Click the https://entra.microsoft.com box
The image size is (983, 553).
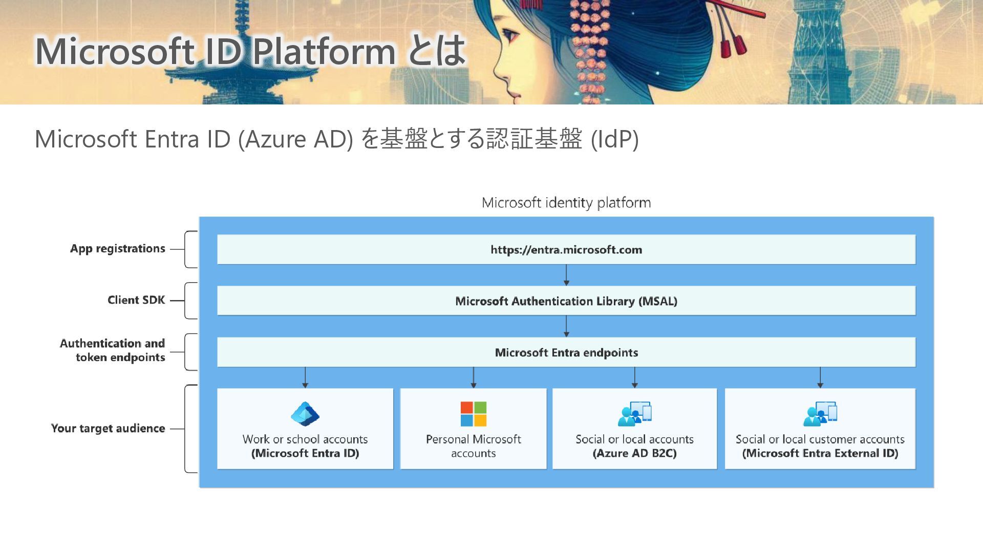[x=566, y=249]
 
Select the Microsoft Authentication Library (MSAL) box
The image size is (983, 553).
[x=566, y=301]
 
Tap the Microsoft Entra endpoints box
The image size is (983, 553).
[x=566, y=352]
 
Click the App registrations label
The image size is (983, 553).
[x=118, y=249]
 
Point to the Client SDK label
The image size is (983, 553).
[x=136, y=300]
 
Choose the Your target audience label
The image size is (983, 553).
[x=108, y=428]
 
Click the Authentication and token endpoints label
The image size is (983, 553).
[x=113, y=350]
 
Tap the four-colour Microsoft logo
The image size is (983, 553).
[x=473, y=414]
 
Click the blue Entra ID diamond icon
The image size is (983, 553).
[x=305, y=414]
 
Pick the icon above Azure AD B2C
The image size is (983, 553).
[x=634, y=414]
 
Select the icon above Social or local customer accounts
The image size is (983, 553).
[x=820, y=414]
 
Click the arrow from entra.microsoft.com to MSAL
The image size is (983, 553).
[x=566, y=275]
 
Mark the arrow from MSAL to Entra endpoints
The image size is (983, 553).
[x=566, y=326]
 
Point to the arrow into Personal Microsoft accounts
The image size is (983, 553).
[x=473, y=377]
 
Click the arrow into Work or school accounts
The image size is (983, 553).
[x=305, y=377]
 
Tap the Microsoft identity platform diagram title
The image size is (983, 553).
[x=566, y=203]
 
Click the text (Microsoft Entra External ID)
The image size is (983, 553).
[x=820, y=453]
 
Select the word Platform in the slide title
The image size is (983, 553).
[x=325, y=51]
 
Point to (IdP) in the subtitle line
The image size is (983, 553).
[x=614, y=139]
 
